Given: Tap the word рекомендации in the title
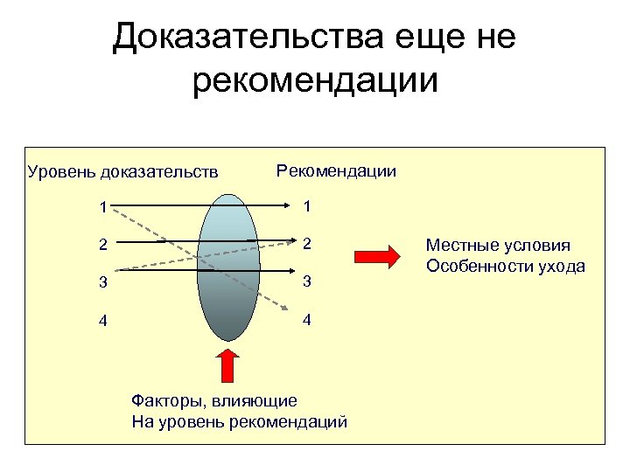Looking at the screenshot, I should tap(314, 82).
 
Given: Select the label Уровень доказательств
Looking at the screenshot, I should tap(122, 171).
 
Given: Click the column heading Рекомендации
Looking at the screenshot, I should tap(336, 170).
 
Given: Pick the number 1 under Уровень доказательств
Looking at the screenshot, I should tap(103, 208).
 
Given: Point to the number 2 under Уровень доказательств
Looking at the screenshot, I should tap(103, 245).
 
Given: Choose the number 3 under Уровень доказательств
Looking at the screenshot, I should tap(103, 282).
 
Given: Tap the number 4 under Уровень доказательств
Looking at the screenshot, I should tap(103, 320).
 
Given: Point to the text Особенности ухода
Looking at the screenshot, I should tap(505, 266).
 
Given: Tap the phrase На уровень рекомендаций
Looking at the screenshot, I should tap(239, 422).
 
